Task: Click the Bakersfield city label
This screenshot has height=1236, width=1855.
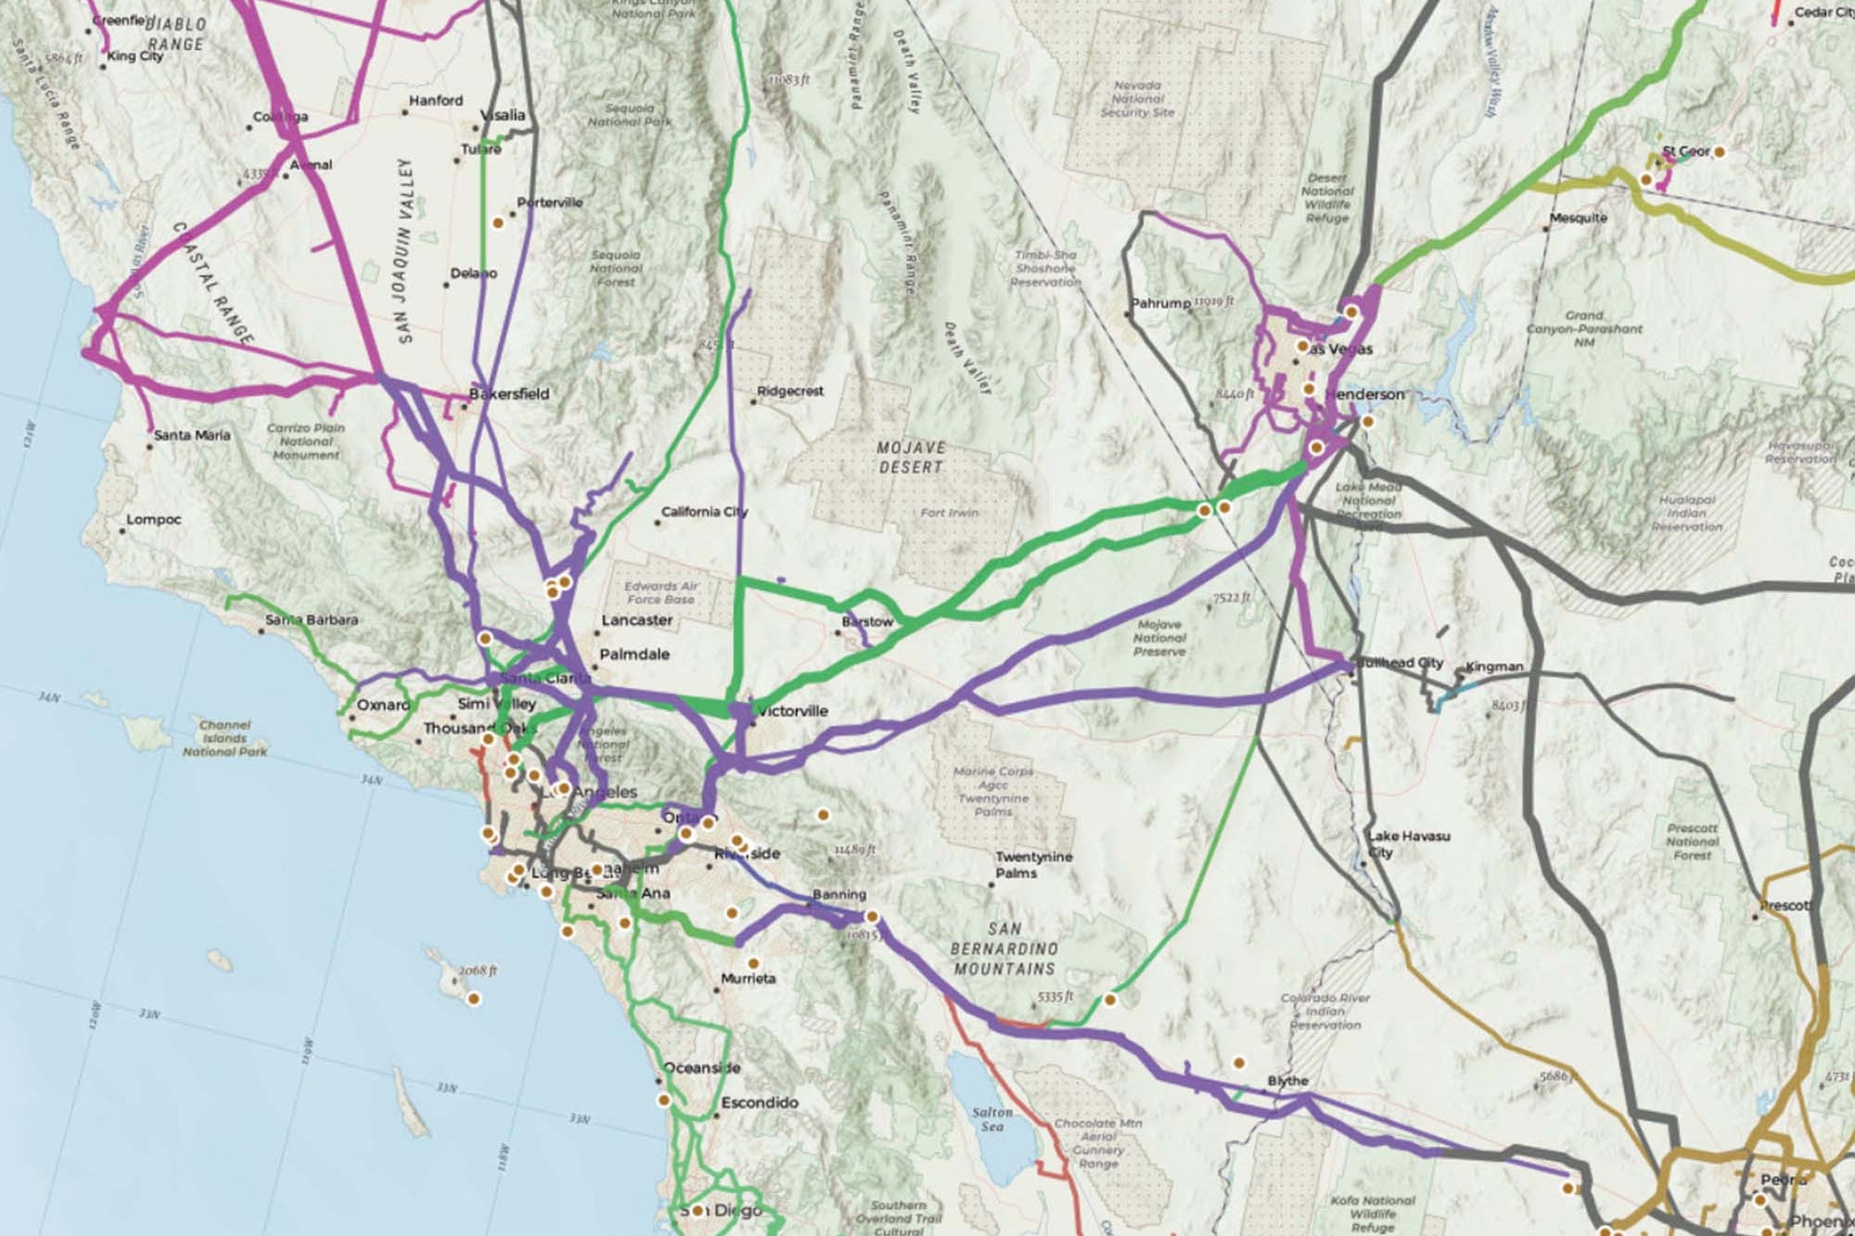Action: (x=509, y=394)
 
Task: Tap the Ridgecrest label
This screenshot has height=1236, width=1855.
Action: (x=790, y=391)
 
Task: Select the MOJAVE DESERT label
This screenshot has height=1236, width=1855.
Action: (x=911, y=457)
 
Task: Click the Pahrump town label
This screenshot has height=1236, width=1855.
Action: (x=1160, y=303)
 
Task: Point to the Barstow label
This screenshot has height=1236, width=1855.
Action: (x=867, y=621)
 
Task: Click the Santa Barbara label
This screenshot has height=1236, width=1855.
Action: (x=312, y=619)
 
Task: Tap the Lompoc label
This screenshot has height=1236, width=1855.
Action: (x=154, y=519)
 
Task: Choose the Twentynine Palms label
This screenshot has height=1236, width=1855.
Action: (x=1033, y=864)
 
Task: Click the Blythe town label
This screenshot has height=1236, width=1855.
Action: (x=1287, y=1081)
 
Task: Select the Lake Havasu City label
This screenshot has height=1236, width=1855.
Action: (x=1408, y=843)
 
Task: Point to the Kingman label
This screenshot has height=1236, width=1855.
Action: (x=1494, y=667)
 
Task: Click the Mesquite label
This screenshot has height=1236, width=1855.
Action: (x=1578, y=218)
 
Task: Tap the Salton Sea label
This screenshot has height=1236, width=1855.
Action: (x=992, y=1118)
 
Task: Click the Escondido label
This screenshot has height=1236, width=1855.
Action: (x=760, y=1102)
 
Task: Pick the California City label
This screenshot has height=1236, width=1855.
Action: (x=704, y=512)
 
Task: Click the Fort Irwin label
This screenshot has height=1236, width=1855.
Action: (x=949, y=512)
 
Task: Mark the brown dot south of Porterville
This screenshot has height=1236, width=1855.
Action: (x=498, y=223)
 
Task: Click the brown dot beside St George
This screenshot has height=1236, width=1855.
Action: (x=1719, y=151)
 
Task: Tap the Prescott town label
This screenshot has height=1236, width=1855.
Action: (x=1785, y=905)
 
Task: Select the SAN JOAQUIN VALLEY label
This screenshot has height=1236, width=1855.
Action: (x=405, y=250)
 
